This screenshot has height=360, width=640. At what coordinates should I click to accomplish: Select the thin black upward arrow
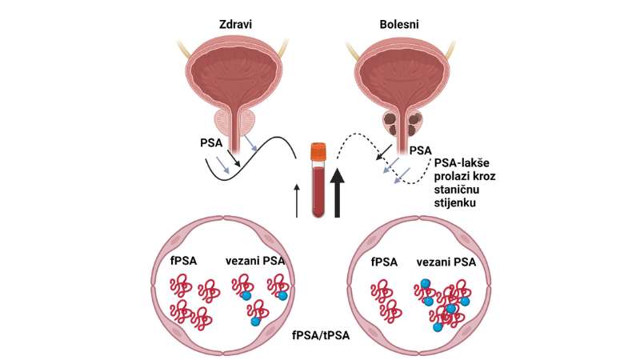point(298,200)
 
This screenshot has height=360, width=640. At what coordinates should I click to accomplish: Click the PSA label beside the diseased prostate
point(421,150)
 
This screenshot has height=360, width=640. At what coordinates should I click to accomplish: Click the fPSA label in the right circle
point(385,261)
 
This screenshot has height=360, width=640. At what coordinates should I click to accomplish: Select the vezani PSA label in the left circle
point(254,261)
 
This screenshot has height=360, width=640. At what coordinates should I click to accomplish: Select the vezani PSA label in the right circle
point(449,261)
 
